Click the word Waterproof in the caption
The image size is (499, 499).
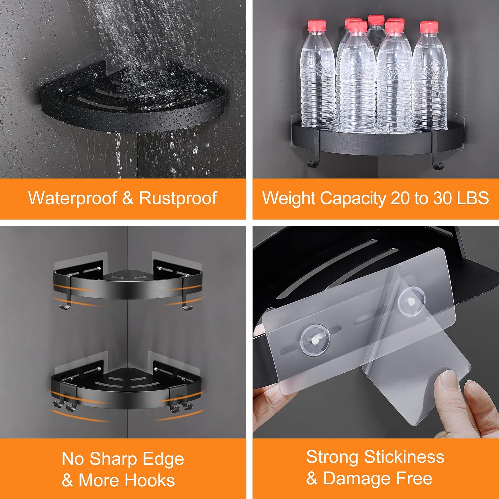[x=73, y=199]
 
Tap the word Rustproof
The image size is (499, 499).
[x=178, y=199]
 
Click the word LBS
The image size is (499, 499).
[x=473, y=198]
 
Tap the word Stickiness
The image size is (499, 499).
[x=404, y=457]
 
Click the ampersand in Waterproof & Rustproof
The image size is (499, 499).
[x=128, y=198]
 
